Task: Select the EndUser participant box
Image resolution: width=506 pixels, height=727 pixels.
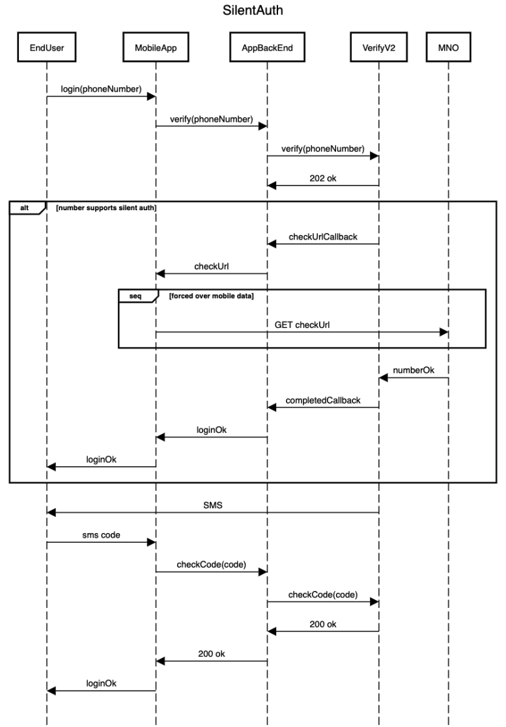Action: point(47,48)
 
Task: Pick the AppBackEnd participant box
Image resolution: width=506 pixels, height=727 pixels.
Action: point(267,48)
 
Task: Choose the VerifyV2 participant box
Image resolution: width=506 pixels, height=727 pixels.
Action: point(379,48)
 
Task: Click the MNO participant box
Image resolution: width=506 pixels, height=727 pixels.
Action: point(449,48)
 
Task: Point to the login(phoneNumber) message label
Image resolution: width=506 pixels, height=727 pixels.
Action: point(101,89)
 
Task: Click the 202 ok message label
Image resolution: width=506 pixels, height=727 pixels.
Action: point(323,177)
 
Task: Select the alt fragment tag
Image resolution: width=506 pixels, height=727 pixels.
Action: point(24,208)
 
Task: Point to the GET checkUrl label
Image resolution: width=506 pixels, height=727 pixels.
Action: point(302,323)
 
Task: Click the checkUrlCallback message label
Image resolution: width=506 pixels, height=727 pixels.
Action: point(323,237)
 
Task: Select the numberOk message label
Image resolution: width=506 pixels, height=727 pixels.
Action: point(414,370)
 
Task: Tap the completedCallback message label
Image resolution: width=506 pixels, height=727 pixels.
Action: point(323,400)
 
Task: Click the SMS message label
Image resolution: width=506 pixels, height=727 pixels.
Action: point(213,504)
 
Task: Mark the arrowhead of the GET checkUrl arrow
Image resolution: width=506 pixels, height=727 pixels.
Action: point(444,332)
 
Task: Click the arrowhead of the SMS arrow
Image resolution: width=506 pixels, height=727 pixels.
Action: point(51,513)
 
